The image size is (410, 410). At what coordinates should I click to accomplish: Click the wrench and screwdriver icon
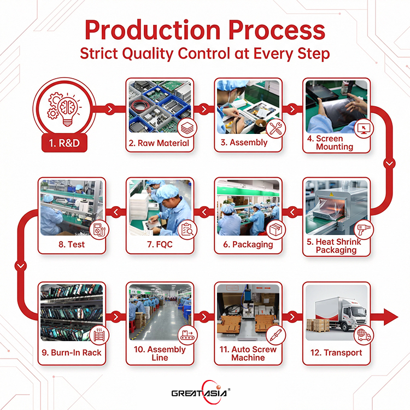click(x=272, y=129)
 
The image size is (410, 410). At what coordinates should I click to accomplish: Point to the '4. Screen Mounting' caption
click(x=335, y=143)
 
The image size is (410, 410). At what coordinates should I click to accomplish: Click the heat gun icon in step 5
click(x=363, y=231)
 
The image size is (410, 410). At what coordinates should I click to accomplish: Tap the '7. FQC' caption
click(x=160, y=244)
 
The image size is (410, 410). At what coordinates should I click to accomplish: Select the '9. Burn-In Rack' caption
click(x=71, y=352)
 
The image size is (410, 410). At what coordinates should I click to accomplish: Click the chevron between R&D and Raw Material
click(x=111, y=109)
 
